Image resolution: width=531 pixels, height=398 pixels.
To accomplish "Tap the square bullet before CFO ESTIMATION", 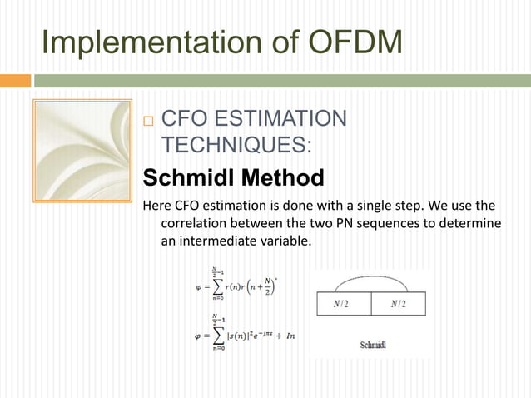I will [x=149, y=120].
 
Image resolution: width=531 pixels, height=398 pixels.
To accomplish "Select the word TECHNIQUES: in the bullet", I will [x=236, y=145].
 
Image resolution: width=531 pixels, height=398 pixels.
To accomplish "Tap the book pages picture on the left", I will [x=82, y=151].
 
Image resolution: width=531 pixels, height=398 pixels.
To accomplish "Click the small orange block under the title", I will [x=15, y=82].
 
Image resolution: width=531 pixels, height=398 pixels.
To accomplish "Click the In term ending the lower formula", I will [x=290, y=336].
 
